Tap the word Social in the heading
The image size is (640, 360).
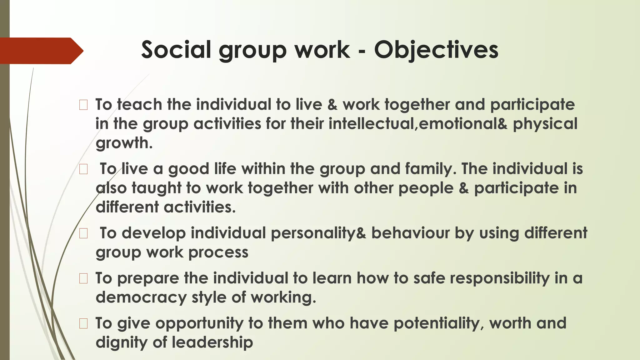click(176, 50)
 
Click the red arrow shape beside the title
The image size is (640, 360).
click(41, 51)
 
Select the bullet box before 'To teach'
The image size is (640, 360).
click(83, 105)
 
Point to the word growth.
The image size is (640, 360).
click(124, 143)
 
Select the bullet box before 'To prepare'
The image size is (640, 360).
click(83, 278)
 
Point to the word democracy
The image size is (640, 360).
click(141, 297)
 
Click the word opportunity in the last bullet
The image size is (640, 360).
click(199, 323)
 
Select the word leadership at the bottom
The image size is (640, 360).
click(212, 342)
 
